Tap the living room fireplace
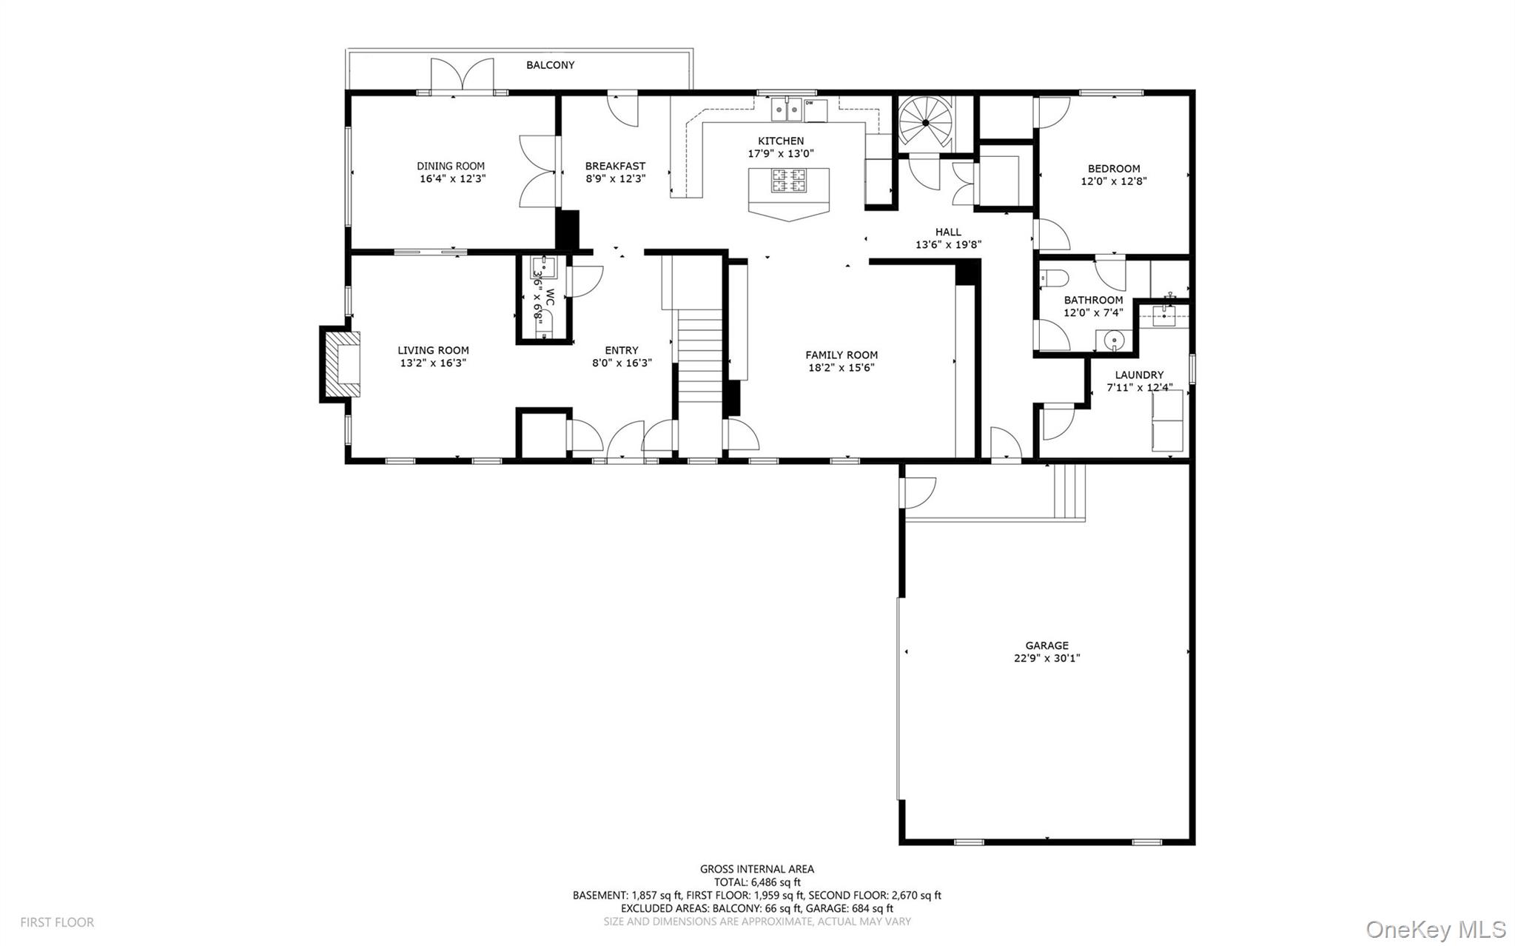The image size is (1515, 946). tap(344, 364)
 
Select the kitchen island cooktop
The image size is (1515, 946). tap(788, 181)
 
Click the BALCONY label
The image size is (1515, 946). tap(550, 65)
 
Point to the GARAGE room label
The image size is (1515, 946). tap(1047, 645)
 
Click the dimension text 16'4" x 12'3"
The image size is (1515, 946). tap(452, 178)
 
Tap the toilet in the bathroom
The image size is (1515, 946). tap(1054, 279)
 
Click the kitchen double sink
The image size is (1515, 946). tap(787, 110)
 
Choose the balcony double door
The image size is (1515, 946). tap(463, 76)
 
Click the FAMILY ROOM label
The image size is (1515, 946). tap(842, 355)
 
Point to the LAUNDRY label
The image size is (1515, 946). tap(1139, 375)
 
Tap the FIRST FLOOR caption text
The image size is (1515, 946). tap(57, 922)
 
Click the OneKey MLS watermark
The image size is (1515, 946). tap(1435, 928)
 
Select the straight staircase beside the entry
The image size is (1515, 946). tap(699, 355)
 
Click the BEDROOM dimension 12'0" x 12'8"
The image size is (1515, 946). tap(1114, 181)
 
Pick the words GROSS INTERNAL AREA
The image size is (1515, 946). tap(756, 869)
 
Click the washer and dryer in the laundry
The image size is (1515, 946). tap(1166, 420)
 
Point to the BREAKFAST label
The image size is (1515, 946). tap(615, 166)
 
